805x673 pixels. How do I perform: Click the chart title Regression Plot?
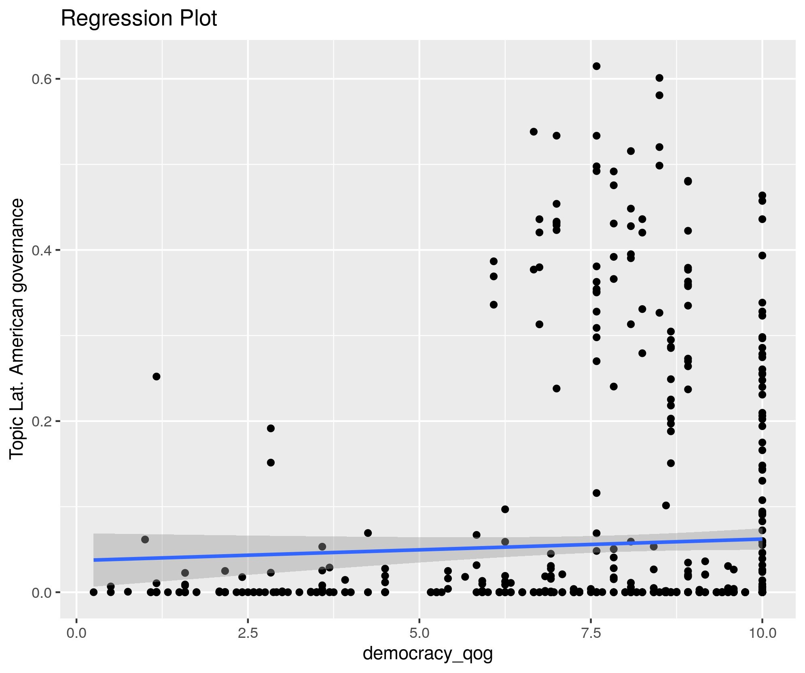[x=139, y=19]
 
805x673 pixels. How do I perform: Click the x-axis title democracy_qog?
[x=428, y=653]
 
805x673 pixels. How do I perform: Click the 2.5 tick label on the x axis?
[x=248, y=633]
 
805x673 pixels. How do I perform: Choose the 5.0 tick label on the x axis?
[x=419, y=633]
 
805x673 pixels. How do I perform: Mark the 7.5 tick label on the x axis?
[x=591, y=633]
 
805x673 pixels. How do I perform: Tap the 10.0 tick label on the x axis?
[x=762, y=633]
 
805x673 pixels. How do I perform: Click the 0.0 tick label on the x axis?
[x=76, y=633]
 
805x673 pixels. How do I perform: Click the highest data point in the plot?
[x=596, y=66]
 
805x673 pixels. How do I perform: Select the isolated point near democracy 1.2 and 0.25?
[x=157, y=376]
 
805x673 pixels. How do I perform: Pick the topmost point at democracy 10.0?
[x=762, y=195]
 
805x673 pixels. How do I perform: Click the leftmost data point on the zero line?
[x=93, y=592]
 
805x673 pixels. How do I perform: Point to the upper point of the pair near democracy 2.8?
[x=271, y=428]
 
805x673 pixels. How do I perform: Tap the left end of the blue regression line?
[x=94, y=560]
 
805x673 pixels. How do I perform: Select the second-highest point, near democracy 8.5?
[x=659, y=78]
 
